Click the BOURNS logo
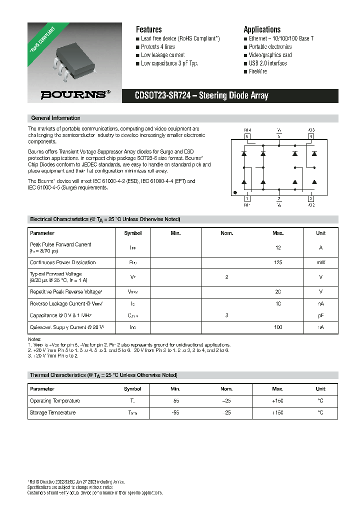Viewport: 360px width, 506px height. tap(72, 94)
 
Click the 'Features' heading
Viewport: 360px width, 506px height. tap(148, 29)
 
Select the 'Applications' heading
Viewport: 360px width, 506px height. tap(262, 29)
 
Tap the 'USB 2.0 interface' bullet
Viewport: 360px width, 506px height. tap(267, 63)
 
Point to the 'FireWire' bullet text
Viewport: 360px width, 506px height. tap(258, 71)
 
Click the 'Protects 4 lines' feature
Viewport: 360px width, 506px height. tap(157, 46)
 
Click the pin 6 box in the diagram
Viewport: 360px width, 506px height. tap(246, 136)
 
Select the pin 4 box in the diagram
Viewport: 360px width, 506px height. tap(310, 136)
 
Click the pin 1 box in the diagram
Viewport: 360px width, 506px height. tap(246, 198)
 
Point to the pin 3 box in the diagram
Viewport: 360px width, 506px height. tap(310, 198)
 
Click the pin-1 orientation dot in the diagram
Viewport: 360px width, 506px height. tap(235, 192)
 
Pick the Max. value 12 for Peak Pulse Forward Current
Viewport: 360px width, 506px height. tap(278, 247)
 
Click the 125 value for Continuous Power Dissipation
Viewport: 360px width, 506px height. tap(278, 262)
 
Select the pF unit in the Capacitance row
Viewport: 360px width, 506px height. tap(320, 315)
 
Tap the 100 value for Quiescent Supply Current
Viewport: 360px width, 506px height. tap(278, 327)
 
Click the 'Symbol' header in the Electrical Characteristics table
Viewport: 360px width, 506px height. tap(132, 233)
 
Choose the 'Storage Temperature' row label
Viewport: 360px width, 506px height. tap(52, 413)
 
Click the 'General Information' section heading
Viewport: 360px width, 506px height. tap(55, 118)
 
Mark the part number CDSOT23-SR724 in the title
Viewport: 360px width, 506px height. tap(162, 96)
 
